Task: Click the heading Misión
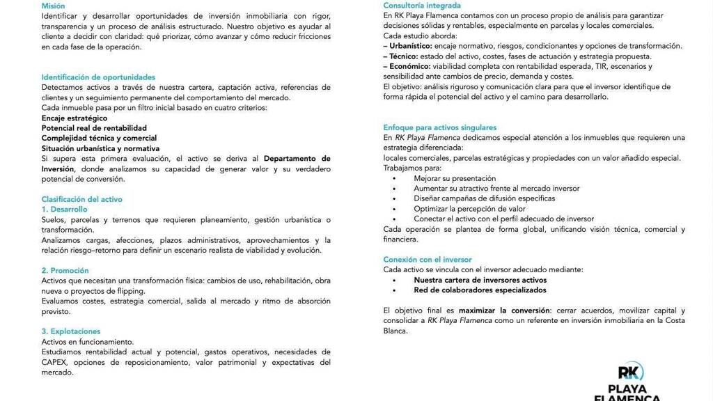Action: point(53,6)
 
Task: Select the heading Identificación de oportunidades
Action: point(98,77)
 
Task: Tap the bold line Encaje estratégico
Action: point(74,118)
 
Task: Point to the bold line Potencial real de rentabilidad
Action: point(94,128)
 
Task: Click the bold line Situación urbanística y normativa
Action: point(100,148)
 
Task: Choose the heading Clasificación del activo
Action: point(81,199)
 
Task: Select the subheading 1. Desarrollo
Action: point(64,209)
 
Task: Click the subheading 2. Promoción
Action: point(65,270)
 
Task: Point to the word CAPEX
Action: point(55,362)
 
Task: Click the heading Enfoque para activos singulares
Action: point(439,127)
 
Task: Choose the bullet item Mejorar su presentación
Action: point(455,179)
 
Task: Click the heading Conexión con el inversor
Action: point(428,260)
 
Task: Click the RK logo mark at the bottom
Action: point(631,372)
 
